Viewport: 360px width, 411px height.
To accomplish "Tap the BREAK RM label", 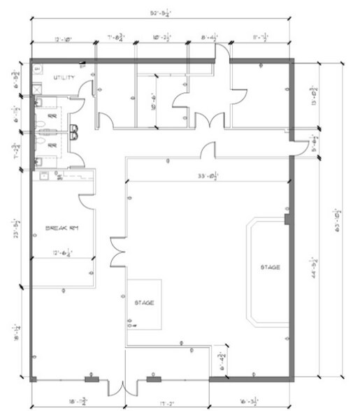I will coord(60,229).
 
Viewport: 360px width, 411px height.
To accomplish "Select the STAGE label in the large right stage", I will coord(271,267).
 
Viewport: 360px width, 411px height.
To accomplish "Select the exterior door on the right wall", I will coord(300,144).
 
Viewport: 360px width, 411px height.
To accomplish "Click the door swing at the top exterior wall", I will coord(222,55).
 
